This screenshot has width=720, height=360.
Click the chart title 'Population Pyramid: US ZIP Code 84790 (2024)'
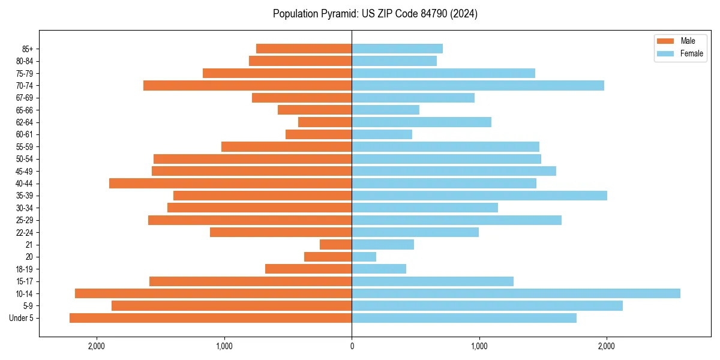point(375,14)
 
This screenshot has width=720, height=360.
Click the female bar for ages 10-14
point(516,293)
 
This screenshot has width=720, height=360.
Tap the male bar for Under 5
point(211,318)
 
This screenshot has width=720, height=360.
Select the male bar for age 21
point(336,245)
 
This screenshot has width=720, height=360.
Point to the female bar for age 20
point(364,257)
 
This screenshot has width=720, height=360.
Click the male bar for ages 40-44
point(230,183)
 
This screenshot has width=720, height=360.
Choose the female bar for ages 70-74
point(478,86)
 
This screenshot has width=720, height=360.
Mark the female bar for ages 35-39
point(479,196)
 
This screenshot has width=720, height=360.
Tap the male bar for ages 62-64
point(325,122)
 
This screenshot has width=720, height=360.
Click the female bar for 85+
point(397,49)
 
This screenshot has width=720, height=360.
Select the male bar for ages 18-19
point(308,269)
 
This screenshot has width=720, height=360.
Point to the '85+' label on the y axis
point(26,49)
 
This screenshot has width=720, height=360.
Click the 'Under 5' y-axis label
point(22,318)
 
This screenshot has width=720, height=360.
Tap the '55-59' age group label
point(25,147)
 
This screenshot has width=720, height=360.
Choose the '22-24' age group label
point(25,232)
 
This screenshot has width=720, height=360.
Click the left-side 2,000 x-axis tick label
point(97,346)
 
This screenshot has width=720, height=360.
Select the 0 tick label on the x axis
point(352,346)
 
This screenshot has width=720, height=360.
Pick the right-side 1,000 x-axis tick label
point(479,346)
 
